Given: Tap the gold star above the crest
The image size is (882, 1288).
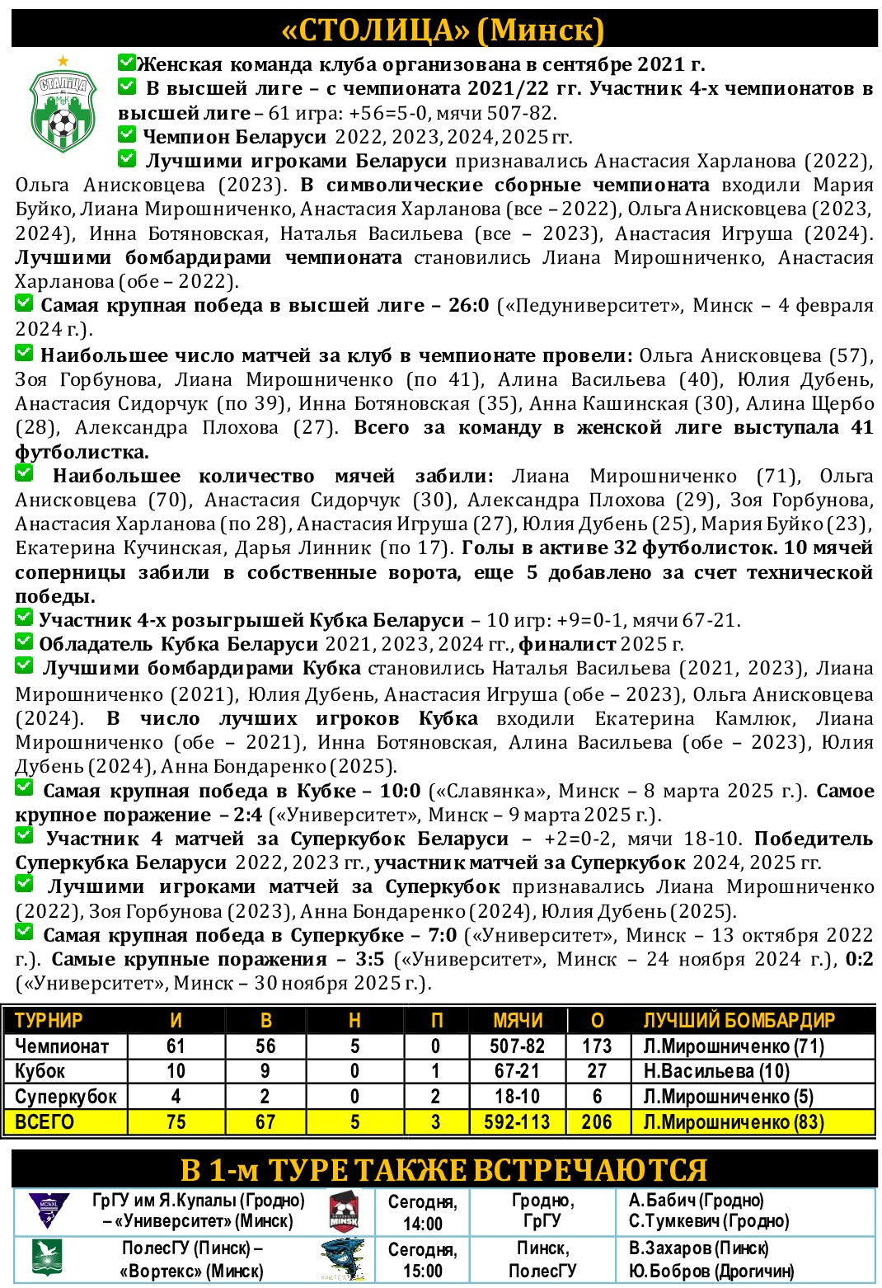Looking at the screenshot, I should tap(63, 61).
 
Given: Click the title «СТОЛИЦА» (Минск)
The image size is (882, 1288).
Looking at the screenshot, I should tap(443, 31).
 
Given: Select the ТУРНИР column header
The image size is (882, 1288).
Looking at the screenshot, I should tap(49, 1021).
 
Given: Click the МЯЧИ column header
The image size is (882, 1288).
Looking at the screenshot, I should tap(518, 1021).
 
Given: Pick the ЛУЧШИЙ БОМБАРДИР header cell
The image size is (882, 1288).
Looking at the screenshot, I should tap(739, 1021).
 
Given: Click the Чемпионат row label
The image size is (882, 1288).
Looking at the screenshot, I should tap(62, 1046).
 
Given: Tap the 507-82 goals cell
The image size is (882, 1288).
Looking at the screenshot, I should tap(517, 1046).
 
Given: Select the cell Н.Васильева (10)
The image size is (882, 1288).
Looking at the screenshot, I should tap(716, 1071).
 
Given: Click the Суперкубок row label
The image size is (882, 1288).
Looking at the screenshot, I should tap(66, 1097).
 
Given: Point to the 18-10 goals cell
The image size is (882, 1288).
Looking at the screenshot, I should tap(517, 1097).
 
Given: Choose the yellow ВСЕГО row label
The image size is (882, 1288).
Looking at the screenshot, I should tap(45, 1122).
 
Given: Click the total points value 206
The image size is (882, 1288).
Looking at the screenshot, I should tap(597, 1122).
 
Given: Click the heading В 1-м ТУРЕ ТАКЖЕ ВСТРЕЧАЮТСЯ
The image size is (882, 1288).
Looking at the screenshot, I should tap(443, 1170).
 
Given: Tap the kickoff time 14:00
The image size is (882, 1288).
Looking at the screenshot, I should tap(422, 1224).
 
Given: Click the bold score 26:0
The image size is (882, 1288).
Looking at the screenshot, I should tap(468, 306).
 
